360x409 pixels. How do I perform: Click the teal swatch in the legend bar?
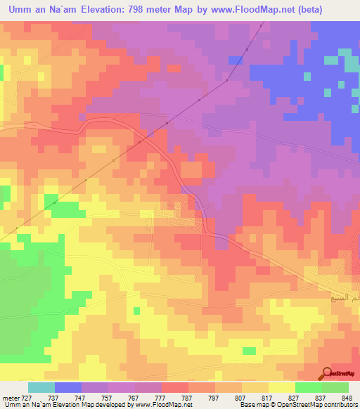tap(41, 387)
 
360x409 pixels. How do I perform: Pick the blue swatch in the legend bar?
tap(68, 387)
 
